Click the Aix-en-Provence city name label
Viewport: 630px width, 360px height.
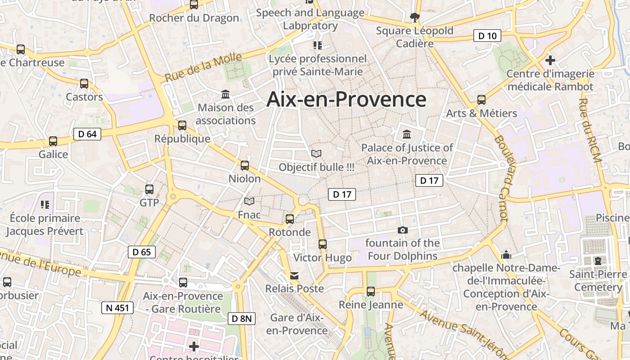click(346, 99)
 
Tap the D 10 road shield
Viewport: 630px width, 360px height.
click(487, 36)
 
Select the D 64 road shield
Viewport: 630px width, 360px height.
click(87, 134)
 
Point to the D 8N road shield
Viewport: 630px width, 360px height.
click(242, 319)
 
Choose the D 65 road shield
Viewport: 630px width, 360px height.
click(142, 252)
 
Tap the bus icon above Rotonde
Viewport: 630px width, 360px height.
click(290, 219)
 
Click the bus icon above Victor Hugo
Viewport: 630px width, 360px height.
click(323, 244)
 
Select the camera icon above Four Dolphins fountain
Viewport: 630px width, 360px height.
click(403, 230)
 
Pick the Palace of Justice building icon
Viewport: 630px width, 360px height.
click(407, 135)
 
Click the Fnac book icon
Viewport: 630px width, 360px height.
click(249, 202)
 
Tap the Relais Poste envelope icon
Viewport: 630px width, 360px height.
click(294, 275)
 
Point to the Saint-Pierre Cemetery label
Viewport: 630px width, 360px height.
click(598, 280)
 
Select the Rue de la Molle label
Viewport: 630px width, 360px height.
click(203, 67)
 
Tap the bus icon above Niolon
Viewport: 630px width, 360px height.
click(245, 166)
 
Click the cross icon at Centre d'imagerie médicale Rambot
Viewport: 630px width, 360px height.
click(550, 60)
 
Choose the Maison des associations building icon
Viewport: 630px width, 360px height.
click(225, 94)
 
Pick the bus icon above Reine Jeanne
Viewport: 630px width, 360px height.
click(371, 292)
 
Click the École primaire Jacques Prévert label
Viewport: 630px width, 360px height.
click(45, 225)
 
